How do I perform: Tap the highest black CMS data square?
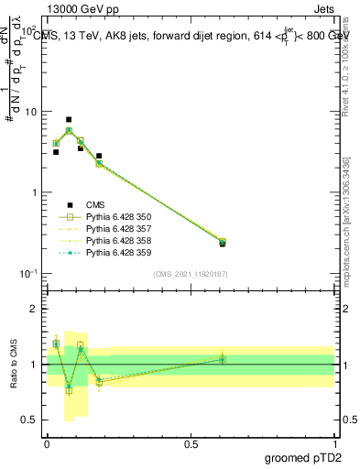pyautogui.click(x=69, y=119)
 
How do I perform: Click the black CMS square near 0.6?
pyautogui.click(x=223, y=244)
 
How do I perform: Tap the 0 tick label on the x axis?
pyautogui.click(x=47, y=443)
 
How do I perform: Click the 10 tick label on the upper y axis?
pyautogui.click(x=29, y=112)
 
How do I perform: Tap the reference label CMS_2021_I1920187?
pyautogui.click(x=191, y=273)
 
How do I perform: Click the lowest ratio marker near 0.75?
pyautogui.click(x=69, y=390)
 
